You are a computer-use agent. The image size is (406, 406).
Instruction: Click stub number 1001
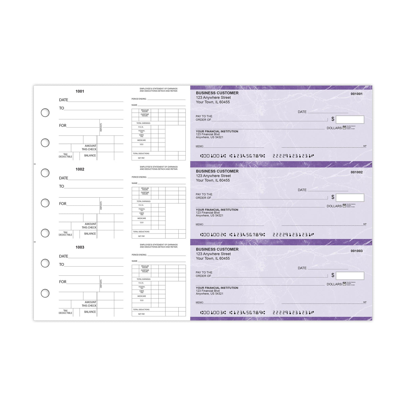pyautogui.click(x=80, y=91)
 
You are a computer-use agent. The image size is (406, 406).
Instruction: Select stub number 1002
pyautogui.click(x=80, y=169)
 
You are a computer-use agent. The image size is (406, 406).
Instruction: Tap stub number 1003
pyautogui.click(x=80, y=247)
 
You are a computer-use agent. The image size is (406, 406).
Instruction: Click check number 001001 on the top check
pyautogui.click(x=356, y=94)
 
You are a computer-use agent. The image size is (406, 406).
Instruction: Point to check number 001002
pyautogui.click(x=356, y=172)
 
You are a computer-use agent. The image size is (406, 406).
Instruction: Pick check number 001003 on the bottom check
pyautogui.click(x=356, y=251)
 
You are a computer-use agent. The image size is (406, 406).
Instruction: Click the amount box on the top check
pyautogui.click(x=350, y=119)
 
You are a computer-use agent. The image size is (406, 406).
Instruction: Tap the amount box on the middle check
pyautogui.click(x=350, y=198)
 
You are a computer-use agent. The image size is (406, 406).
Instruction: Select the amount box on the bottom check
pyautogui.click(x=350, y=276)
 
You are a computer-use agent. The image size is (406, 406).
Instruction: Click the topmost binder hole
pyautogui.click(x=45, y=113)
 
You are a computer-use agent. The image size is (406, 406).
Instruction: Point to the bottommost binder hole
pyautogui.click(x=45, y=293)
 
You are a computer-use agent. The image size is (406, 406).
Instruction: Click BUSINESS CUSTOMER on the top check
pyautogui.click(x=217, y=93)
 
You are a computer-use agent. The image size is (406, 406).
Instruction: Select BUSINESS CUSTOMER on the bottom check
pyautogui.click(x=217, y=249)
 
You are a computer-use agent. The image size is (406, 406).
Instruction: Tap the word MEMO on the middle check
pyautogui.click(x=200, y=224)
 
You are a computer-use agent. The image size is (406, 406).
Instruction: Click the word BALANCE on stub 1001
pyautogui.click(x=90, y=156)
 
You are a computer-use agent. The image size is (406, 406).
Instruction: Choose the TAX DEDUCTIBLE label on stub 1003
pyautogui.click(x=65, y=312)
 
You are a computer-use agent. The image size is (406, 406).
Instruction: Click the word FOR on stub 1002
pyautogui.click(x=63, y=204)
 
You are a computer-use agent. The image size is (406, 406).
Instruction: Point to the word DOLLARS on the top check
pyautogui.click(x=334, y=128)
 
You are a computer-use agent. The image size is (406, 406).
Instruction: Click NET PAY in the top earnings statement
pyautogui.click(x=141, y=158)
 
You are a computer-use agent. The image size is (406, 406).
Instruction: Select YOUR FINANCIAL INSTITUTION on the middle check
pyautogui.click(x=217, y=210)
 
